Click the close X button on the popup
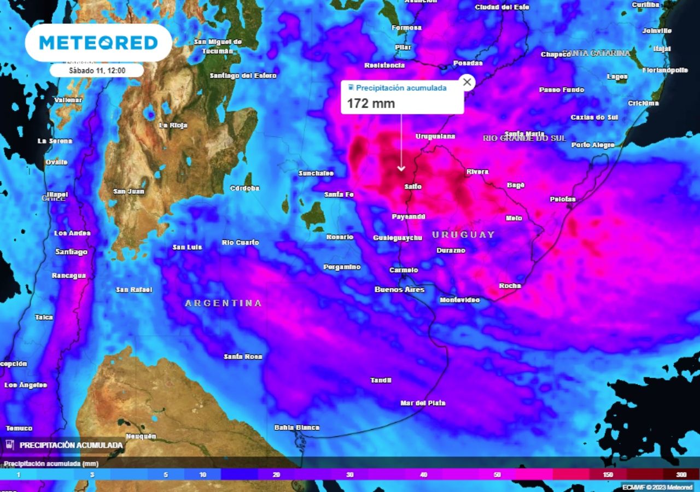point(466,83)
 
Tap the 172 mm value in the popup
point(371,103)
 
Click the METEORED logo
point(98,43)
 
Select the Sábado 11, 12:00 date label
point(97,71)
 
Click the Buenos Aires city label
point(399,289)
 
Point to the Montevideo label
point(459,300)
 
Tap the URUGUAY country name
point(463,235)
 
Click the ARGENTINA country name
point(223,303)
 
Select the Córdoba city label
point(245,188)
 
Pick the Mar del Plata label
point(423,403)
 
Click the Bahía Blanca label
point(296,427)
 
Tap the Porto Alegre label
point(593,145)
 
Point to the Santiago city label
point(71,252)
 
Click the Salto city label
point(412,186)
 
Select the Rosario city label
point(340,237)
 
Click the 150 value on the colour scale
point(608,475)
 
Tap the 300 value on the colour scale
point(681,475)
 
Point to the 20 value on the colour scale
point(276,475)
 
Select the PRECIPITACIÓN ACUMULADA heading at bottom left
point(71,445)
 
